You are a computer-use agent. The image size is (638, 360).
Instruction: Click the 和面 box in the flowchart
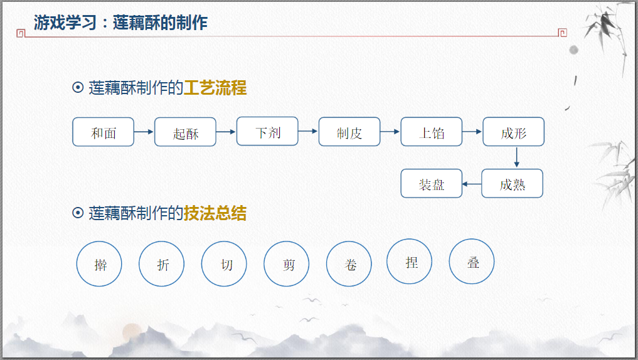(x=104, y=132)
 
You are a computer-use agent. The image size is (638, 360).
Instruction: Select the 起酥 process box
(x=185, y=132)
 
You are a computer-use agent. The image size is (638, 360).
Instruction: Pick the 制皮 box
(x=349, y=132)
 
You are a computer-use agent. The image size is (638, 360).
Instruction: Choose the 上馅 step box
(x=432, y=132)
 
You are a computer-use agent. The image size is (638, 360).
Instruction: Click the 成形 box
(x=513, y=132)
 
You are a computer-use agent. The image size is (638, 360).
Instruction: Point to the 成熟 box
(x=512, y=184)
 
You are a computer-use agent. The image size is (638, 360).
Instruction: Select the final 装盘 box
(x=432, y=184)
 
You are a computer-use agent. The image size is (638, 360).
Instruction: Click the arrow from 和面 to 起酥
(x=144, y=132)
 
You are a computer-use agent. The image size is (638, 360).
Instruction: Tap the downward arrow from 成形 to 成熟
(x=516, y=157)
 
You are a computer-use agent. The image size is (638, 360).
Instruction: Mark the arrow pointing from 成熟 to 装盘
(x=472, y=184)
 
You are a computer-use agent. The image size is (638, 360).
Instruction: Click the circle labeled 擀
(x=99, y=264)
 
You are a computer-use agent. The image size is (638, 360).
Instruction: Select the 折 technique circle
(x=162, y=264)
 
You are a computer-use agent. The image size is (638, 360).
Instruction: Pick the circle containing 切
(x=225, y=264)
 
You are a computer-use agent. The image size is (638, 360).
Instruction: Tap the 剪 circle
(x=287, y=264)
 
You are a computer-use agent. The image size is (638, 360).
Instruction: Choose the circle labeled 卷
(x=349, y=264)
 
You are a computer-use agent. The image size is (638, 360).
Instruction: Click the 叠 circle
(x=472, y=262)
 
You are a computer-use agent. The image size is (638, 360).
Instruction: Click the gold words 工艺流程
(x=215, y=88)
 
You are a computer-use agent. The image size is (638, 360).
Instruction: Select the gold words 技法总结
(x=215, y=213)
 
